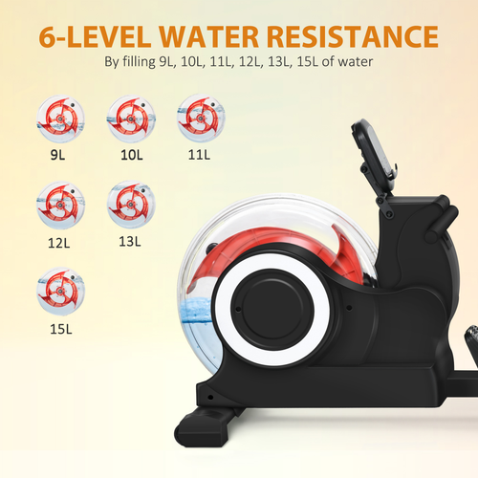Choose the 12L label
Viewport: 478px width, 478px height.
pos(58,243)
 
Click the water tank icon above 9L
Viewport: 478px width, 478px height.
pos(59,117)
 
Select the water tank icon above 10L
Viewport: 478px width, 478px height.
pos(129,117)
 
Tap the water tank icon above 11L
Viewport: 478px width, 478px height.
pos(199,117)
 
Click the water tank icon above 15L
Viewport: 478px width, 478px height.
pos(59,292)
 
